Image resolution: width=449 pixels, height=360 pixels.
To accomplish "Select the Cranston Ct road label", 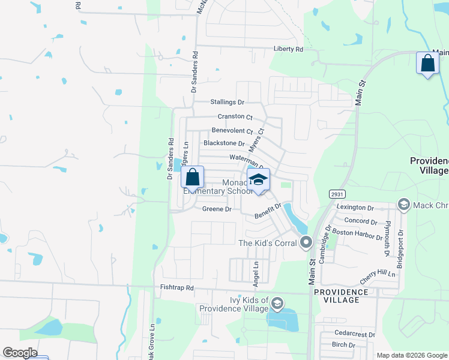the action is (x=235, y=116).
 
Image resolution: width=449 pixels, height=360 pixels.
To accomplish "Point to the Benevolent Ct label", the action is (x=232, y=130).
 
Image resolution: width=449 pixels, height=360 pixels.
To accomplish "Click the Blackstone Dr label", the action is (x=224, y=143).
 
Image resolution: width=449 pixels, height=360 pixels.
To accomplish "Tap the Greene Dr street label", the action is (x=217, y=209).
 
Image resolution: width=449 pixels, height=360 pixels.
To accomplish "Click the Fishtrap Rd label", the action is (x=177, y=288).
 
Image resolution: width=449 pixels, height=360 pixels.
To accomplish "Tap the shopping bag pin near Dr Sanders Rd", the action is (x=193, y=178).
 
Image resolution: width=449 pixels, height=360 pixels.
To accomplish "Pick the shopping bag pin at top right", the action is (x=427, y=63).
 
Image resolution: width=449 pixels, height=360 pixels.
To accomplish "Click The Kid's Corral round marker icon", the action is (x=307, y=243).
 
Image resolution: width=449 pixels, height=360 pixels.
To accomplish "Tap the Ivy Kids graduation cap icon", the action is (x=277, y=304).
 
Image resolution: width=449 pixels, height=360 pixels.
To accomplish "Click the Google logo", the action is (x=20, y=353).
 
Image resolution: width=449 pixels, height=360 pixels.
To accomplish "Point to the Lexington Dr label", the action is (x=355, y=207).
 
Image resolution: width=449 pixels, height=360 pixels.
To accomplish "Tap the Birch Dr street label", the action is (x=343, y=344).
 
